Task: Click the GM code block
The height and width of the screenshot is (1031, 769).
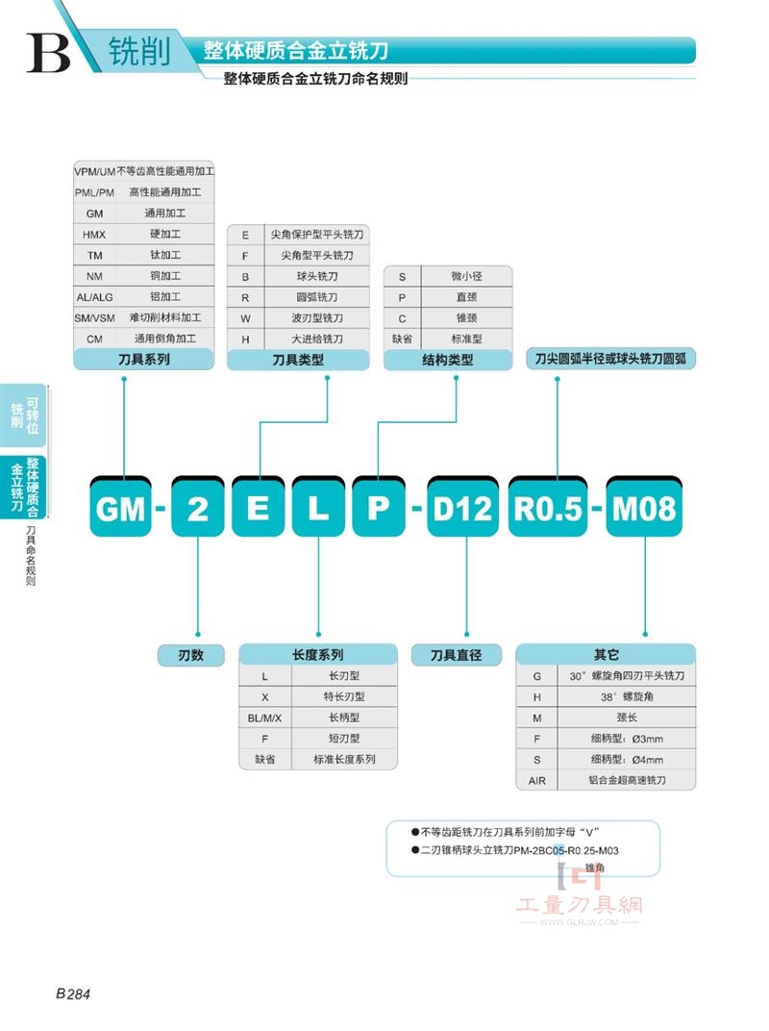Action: [120, 507]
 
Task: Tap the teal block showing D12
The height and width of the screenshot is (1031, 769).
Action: [462, 507]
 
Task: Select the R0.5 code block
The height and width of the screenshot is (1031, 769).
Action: [548, 507]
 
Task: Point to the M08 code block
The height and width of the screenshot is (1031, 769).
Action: [644, 507]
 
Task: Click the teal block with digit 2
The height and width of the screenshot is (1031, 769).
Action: [198, 507]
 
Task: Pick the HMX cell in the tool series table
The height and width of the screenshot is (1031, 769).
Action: [94, 235]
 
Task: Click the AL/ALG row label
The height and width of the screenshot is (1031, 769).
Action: [94, 297]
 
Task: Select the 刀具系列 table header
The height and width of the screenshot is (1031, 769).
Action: [144, 359]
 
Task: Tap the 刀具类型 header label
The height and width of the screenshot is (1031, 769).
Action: [298, 360]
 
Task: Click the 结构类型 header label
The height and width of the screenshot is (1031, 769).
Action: [448, 360]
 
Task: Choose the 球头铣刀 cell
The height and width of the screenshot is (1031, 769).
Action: [317, 277]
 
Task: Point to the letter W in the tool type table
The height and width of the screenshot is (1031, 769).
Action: [245, 318]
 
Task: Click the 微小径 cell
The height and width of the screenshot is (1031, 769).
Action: [466, 277]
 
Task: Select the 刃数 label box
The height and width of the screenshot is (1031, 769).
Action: [191, 655]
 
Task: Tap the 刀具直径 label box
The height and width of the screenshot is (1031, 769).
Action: [457, 655]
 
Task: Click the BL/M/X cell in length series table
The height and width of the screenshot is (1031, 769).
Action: [265, 718]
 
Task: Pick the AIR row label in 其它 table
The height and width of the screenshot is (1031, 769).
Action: [537, 781]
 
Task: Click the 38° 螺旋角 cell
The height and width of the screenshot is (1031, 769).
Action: [627, 697]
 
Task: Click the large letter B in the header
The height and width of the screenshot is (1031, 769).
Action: [49, 53]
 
